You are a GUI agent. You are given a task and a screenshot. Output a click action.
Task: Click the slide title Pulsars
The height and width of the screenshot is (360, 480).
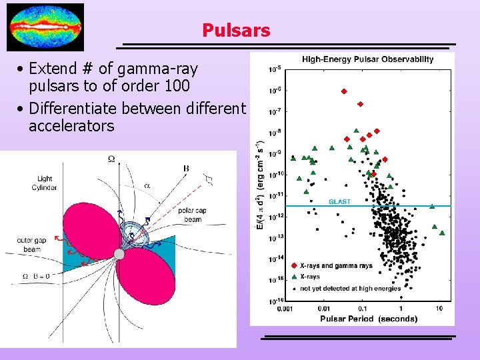click(x=236, y=31)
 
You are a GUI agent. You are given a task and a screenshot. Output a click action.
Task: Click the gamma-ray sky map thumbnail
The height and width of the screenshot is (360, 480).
click(x=45, y=27)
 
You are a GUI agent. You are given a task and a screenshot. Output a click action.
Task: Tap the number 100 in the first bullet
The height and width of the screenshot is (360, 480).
click(x=176, y=86)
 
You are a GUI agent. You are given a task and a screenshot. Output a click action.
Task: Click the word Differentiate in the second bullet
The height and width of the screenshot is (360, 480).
click(x=73, y=108)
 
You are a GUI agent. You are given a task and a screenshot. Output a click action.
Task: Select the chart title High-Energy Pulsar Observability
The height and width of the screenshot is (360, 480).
click(x=367, y=59)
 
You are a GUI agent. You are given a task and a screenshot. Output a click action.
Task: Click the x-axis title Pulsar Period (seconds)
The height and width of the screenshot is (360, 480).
click(x=369, y=319)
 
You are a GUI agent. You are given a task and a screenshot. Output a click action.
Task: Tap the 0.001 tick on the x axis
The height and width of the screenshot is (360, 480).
click(x=285, y=309)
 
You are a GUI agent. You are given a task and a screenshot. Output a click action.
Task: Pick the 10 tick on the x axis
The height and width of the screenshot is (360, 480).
click(x=439, y=309)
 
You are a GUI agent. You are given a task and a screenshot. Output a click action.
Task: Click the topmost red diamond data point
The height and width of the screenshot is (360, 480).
click(x=344, y=91)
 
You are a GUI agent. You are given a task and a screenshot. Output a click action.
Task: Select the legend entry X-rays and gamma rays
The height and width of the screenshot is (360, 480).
click(x=336, y=266)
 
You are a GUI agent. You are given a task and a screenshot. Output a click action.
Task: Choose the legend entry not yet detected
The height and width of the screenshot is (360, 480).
click(x=350, y=288)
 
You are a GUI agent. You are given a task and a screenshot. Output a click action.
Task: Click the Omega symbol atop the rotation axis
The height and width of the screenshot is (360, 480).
click(x=111, y=159)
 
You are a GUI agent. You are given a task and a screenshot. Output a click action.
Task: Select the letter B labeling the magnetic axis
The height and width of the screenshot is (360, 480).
click(x=185, y=168)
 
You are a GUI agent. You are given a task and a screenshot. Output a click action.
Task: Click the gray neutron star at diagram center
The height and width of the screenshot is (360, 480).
click(x=119, y=254)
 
